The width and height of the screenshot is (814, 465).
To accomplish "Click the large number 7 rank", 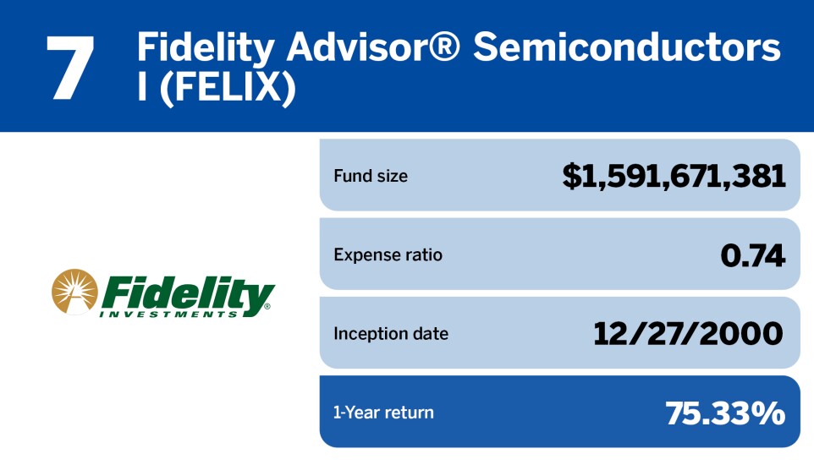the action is click(70, 68).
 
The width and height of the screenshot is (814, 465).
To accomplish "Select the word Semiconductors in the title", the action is click(627, 46).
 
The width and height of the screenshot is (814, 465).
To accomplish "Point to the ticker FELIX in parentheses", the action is click(228, 88).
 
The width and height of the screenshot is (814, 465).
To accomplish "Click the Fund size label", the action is click(371, 176).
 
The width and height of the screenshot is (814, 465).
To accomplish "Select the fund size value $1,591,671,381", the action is click(674, 176).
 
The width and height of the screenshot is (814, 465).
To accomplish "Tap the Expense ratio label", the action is click(388, 254).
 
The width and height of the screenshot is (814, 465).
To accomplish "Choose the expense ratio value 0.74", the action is click(753, 255).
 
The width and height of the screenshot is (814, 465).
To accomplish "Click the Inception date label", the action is click(391, 334).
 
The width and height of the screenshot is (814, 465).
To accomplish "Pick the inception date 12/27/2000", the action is click(688, 334).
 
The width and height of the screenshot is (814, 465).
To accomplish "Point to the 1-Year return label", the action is click(383, 413).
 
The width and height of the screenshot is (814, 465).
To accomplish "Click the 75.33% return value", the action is click(725, 413).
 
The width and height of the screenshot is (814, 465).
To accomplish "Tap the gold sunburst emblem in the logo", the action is click(74, 292).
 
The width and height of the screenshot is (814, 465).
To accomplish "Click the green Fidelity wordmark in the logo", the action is click(187, 293).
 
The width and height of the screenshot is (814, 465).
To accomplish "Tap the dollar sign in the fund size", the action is click(571, 177).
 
